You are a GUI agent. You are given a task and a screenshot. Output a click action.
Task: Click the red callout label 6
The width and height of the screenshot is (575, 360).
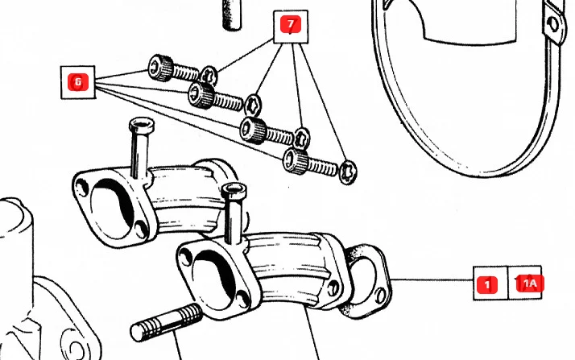pyautogui.click(x=78, y=81)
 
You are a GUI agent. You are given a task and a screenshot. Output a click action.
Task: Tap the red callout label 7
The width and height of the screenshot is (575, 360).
pyautogui.click(x=290, y=25)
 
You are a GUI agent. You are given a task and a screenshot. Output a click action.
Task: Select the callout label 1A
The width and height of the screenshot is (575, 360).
pyautogui.click(x=530, y=283)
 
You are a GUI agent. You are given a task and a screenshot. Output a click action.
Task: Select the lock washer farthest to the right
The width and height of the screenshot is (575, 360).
pyautogui.click(x=348, y=172)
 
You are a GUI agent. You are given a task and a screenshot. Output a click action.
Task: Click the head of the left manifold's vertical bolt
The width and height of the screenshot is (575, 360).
pyautogui.click(x=140, y=127)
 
